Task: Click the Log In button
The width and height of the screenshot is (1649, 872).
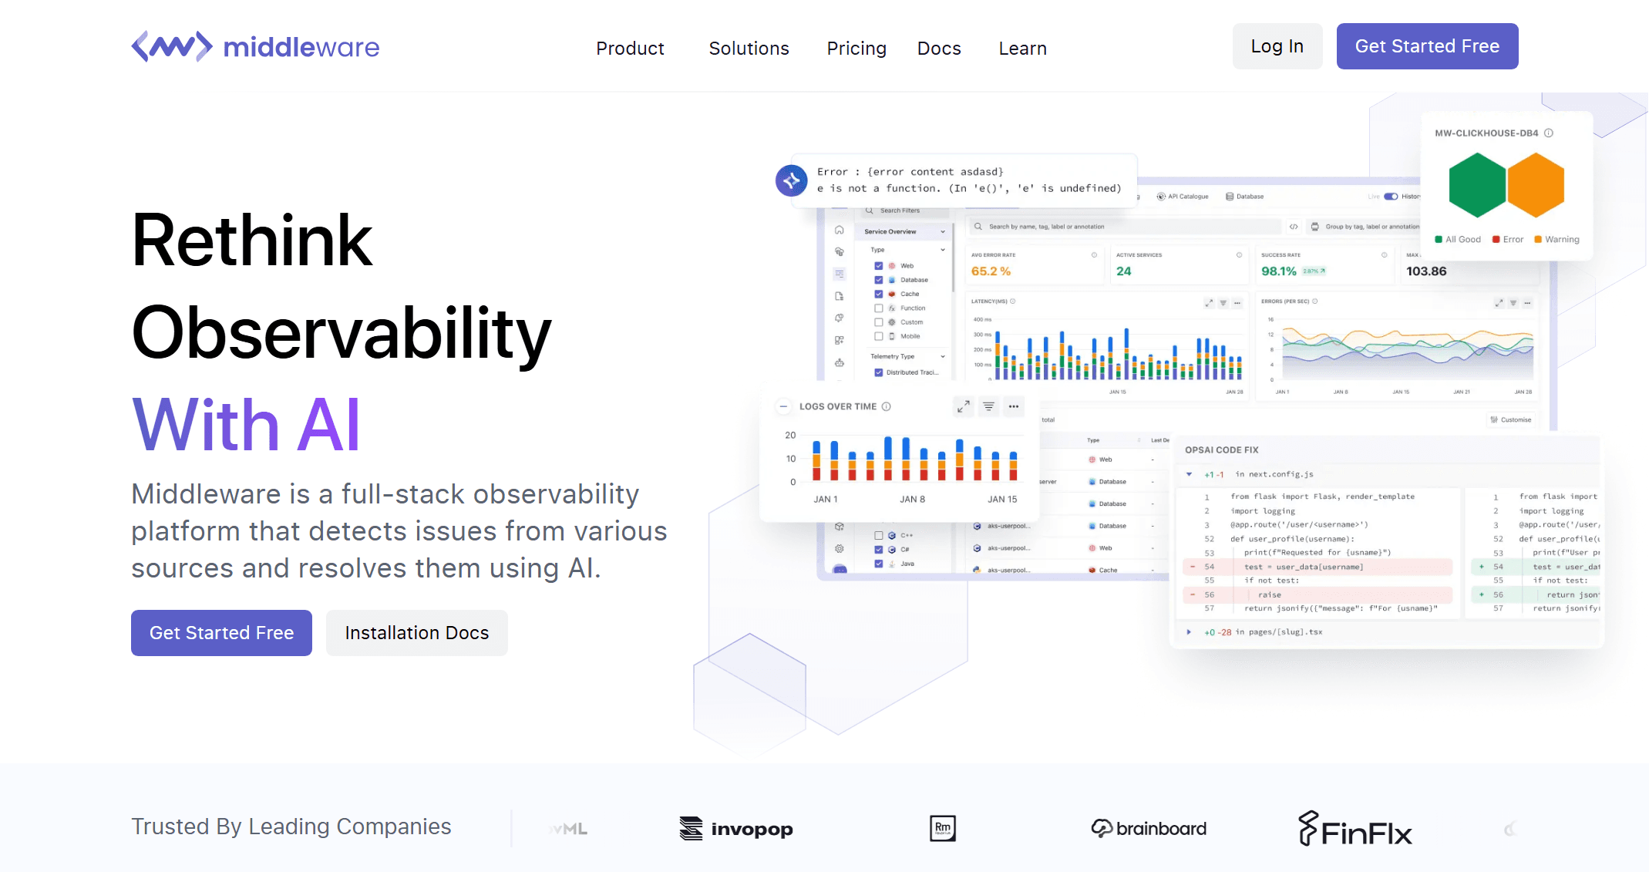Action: click(x=1277, y=46)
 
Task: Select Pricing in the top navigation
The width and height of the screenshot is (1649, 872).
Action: click(x=856, y=49)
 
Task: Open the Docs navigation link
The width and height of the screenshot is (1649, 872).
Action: click(x=939, y=49)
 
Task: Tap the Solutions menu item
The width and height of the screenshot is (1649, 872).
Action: click(x=749, y=49)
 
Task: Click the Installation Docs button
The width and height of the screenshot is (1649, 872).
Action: click(x=416, y=633)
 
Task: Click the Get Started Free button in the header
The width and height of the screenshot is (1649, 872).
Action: click(x=1427, y=46)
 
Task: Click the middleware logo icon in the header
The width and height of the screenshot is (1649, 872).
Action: click(x=172, y=47)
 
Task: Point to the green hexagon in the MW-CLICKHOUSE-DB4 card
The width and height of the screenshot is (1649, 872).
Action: click(x=1477, y=185)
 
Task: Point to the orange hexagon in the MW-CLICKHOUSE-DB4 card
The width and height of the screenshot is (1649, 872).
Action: click(x=1536, y=185)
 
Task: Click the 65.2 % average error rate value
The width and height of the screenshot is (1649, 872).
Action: click(x=991, y=271)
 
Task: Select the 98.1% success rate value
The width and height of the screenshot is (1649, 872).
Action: click(x=1278, y=271)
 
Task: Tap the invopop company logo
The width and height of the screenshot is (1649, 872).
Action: click(x=736, y=829)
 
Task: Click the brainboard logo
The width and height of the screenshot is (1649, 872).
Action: click(x=1149, y=829)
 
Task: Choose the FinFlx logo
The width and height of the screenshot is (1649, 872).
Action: click(x=1355, y=830)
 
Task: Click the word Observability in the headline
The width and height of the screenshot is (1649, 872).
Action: click(x=342, y=333)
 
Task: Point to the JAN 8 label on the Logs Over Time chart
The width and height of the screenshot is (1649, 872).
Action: click(x=912, y=500)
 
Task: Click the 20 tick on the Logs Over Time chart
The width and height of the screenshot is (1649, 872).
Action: click(x=790, y=436)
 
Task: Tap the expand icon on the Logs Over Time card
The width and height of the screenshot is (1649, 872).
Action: click(x=963, y=406)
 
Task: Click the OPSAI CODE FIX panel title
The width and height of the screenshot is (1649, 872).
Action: click(x=1221, y=450)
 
